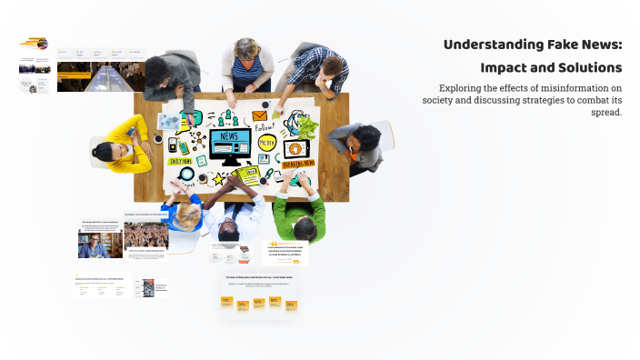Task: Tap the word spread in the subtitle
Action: click(x=605, y=112)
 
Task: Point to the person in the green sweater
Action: click(x=299, y=214)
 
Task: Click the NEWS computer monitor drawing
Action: click(x=229, y=143)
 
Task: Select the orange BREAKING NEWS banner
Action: click(x=298, y=164)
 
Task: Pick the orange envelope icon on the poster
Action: click(x=260, y=116)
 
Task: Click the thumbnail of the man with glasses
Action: click(x=100, y=245)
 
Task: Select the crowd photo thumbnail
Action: click(x=145, y=235)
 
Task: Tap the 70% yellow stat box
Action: click(x=226, y=301)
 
